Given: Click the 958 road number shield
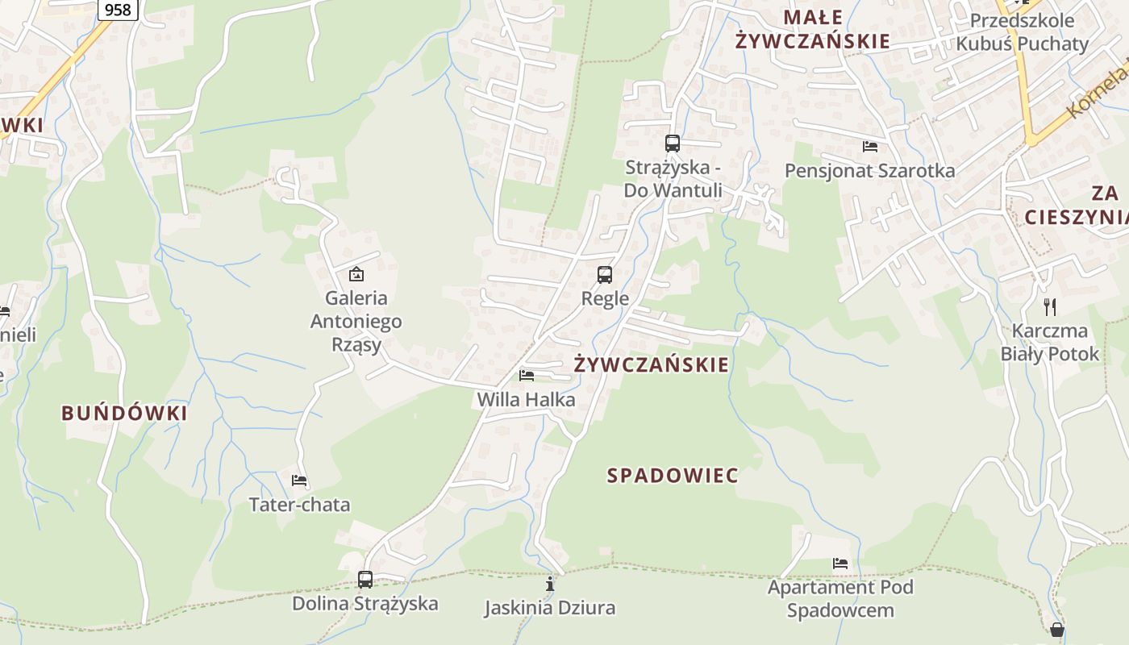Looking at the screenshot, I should (118, 10).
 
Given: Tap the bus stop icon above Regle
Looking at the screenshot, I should (605, 275).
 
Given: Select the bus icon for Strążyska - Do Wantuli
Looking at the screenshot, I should (672, 144).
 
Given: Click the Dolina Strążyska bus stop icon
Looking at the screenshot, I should (365, 580).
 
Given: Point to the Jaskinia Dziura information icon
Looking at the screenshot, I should (550, 584).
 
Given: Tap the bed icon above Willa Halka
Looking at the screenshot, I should (527, 376).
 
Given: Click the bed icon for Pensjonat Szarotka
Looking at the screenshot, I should (870, 147).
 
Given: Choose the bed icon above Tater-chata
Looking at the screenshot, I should (299, 481).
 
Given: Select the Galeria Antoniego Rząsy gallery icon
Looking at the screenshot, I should (356, 274).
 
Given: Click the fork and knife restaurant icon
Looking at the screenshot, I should (1049, 306).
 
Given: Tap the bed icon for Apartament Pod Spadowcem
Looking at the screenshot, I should (840, 564).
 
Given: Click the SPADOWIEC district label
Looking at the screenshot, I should (673, 476).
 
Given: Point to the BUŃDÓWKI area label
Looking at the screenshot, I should (124, 414).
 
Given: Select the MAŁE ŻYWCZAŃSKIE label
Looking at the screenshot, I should (813, 29).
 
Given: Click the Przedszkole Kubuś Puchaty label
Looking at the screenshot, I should (1023, 31).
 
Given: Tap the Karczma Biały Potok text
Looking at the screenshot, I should (1050, 342).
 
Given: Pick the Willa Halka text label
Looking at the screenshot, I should (526, 400).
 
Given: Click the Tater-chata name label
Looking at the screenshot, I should (299, 505).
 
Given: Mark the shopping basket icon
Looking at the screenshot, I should (1056, 630).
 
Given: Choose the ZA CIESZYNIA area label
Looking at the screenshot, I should (1077, 205).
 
